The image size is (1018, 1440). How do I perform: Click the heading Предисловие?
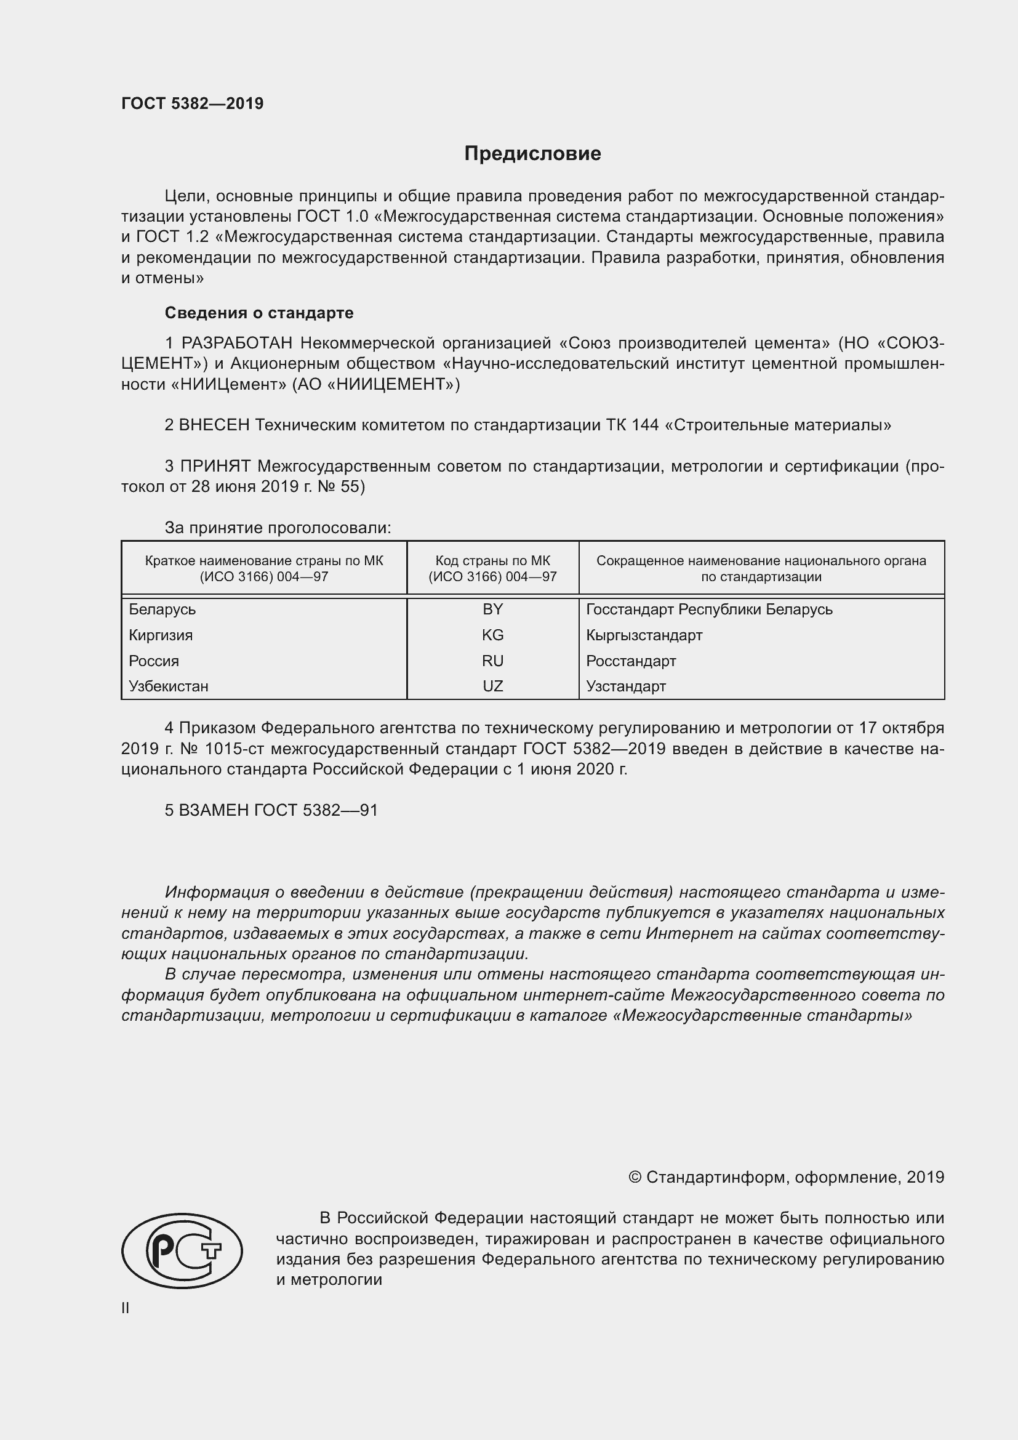pyautogui.click(x=532, y=154)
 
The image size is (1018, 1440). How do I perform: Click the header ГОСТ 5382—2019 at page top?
pyautogui.click(x=193, y=104)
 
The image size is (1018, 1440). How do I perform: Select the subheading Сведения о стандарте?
pyautogui.click(x=259, y=312)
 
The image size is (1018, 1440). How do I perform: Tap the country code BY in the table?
pyautogui.click(x=492, y=609)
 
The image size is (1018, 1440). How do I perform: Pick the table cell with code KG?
pyautogui.click(x=492, y=635)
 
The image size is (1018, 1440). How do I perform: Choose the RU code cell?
pyautogui.click(x=492, y=661)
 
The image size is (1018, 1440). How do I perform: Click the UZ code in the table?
pyautogui.click(x=492, y=686)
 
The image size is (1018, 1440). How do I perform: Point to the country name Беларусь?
pyautogui.click(x=162, y=609)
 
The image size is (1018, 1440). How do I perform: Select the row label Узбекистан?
pyautogui.click(x=169, y=686)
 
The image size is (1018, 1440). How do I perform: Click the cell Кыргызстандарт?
pyautogui.click(x=644, y=635)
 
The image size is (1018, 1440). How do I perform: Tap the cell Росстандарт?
pyautogui.click(x=631, y=661)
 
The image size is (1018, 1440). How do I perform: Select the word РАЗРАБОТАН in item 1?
pyautogui.click(x=237, y=343)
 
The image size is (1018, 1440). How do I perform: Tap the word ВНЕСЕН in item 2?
pyautogui.click(x=214, y=425)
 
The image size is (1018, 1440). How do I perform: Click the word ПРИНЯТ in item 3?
pyautogui.click(x=215, y=466)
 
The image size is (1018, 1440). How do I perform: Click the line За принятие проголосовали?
pyautogui.click(x=278, y=528)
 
